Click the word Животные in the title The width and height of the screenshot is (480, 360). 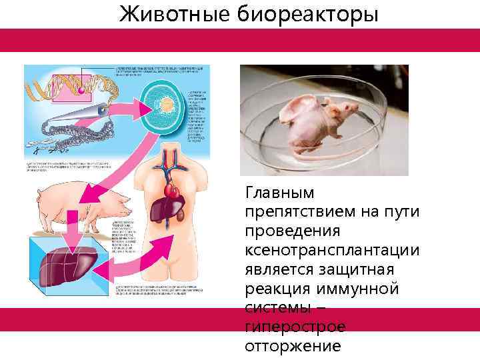(175, 14)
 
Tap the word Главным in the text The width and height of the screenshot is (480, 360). (281, 193)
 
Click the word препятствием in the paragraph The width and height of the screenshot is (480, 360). (301, 212)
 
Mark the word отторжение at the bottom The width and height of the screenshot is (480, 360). (293, 347)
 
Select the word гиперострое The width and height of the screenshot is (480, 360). (295, 327)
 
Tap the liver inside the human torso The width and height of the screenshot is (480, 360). (163, 211)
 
